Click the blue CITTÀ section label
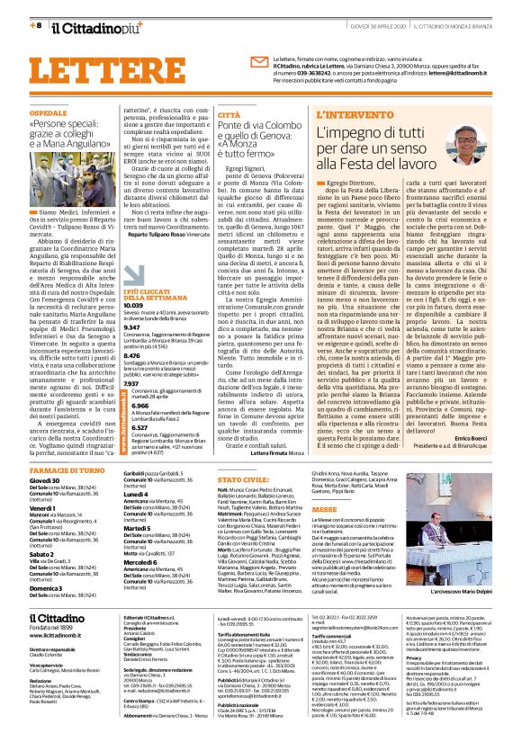pos(229,116)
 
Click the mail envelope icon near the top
pos(259,62)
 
